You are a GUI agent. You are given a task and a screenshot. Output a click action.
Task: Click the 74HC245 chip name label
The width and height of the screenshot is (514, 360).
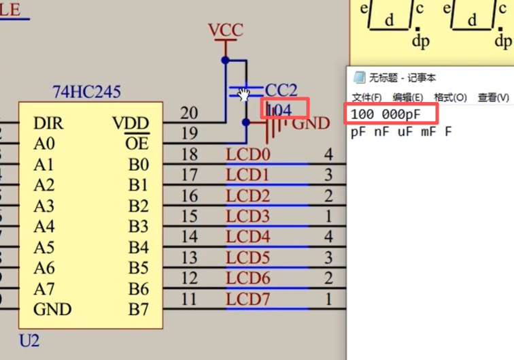click(86, 92)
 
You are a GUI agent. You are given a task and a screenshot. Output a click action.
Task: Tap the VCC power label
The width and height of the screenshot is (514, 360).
click(225, 31)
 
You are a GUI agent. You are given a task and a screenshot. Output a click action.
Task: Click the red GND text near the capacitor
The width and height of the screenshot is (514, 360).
click(311, 124)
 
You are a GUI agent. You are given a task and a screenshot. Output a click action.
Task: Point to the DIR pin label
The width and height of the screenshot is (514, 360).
click(48, 123)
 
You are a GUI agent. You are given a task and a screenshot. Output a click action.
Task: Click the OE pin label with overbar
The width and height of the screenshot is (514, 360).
click(137, 144)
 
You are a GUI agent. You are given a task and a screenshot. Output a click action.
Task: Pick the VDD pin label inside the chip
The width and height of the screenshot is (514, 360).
click(131, 123)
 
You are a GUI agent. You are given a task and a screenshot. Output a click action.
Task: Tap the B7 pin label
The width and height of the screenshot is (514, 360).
click(138, 310)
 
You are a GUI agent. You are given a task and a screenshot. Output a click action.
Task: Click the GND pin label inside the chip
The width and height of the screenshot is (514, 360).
click(52, 310)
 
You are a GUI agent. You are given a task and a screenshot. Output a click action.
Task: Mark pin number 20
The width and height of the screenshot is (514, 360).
click(190, 113)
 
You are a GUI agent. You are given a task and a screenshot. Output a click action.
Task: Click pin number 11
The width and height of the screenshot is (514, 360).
click(190, 299)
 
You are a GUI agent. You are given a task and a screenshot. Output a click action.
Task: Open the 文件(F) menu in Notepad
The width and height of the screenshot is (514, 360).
click(366, 97)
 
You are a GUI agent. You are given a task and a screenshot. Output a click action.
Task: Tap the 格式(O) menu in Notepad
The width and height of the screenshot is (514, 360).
click(450, 97)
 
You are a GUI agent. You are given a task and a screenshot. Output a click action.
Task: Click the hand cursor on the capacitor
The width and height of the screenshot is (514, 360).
click(244, 94)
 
